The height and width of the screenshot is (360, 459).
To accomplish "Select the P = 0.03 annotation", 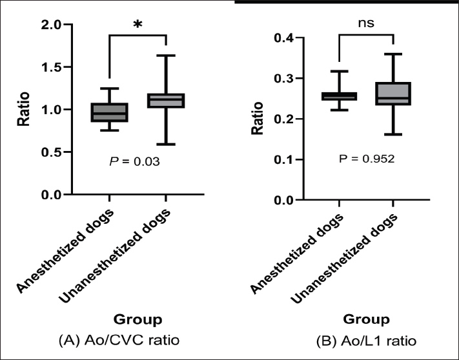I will [x=136, y=163].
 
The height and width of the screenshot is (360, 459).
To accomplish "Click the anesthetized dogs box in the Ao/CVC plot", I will [x=109, y=112].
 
